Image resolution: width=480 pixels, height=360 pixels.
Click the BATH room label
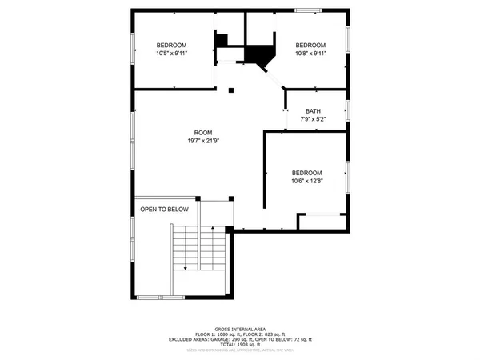point(314,111)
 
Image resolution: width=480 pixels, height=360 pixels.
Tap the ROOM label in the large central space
point(203,133)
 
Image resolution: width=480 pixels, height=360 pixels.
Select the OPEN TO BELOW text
point(165,210)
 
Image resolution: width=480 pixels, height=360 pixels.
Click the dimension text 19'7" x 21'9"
point(203,142)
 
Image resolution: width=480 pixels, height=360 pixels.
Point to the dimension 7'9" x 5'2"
point(314,119)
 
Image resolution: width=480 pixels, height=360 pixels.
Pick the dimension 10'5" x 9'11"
point(171,54)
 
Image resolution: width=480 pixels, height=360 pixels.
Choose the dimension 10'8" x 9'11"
point(310,54)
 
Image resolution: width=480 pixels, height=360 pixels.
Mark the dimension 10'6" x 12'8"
point(306,182)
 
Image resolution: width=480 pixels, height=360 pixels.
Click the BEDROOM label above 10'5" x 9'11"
point(171,45)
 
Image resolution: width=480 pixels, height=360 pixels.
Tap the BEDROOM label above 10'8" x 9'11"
point(310,45)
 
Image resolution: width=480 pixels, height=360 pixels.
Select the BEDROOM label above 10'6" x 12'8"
point(306,174)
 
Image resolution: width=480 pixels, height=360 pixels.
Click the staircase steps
point(200,248)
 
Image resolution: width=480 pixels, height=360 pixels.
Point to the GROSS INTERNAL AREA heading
point(240,329)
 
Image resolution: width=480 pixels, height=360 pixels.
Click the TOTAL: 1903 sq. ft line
point(240,343)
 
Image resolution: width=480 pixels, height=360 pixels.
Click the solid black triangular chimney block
point(259,54)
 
